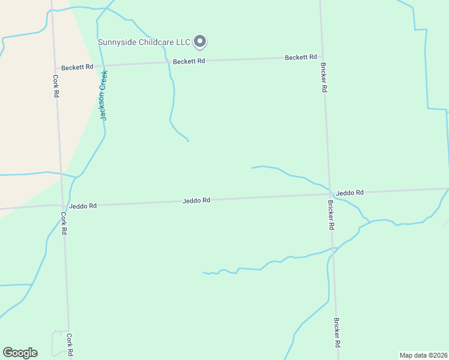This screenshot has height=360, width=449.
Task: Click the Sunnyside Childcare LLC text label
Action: click(144, 42)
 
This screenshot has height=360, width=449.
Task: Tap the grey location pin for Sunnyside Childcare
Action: click(201, 41)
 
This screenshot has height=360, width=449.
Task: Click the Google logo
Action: click(20, 353)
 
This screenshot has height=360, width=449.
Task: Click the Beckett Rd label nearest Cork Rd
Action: click(77, 67)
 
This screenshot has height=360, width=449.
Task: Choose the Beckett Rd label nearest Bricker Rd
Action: click(301, 57)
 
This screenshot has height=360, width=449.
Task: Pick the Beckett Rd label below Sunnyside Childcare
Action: click(189, 61)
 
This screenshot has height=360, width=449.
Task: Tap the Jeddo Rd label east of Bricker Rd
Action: click(350, 193)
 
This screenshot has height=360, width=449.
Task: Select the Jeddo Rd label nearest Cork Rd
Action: click(83, 205)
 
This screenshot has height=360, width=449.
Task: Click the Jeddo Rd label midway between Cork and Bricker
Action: click(196, 200)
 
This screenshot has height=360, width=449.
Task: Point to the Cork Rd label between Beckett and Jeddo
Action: click(55, 86)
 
